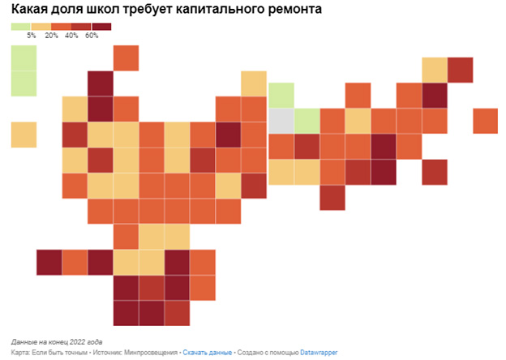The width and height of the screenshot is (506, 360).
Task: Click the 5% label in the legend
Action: tap(32, 36)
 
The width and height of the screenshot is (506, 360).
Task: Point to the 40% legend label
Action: tap(71, 36)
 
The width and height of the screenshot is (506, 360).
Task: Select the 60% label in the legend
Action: tap(92, 36)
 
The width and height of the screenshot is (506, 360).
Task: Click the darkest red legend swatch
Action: tap(101, 27)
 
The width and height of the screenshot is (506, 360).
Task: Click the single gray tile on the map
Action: tap(281, 121)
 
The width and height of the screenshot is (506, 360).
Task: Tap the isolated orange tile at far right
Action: tap(485, 121)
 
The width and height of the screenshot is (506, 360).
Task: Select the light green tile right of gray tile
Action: tap(306, 121)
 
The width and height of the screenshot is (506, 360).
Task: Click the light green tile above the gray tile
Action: tap(281, 95)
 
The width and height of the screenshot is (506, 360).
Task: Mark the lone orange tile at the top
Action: tap(126, 58)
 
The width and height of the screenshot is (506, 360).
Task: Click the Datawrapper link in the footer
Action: tap(319, 353)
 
